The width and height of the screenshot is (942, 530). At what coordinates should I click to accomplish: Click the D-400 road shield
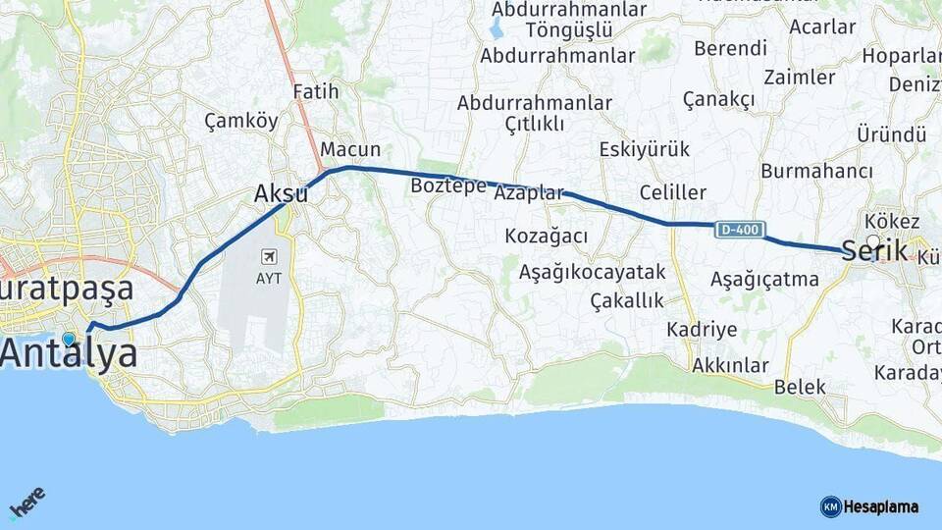click(738, 230)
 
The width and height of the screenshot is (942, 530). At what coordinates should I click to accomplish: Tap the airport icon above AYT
click(268, 257)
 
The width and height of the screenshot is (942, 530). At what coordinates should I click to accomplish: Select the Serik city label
click(874, 251)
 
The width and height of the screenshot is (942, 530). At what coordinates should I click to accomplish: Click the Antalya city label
click(69, 354)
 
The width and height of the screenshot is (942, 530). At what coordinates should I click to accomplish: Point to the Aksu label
click(281, 194)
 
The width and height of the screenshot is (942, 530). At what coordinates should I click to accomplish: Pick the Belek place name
click(800, 387)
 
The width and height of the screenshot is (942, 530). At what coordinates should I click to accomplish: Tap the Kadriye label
click(702, 329)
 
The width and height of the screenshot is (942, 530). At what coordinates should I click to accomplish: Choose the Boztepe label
click(448, 185)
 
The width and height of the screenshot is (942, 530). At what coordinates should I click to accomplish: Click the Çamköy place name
click(241, 121)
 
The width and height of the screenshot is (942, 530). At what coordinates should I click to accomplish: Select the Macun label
click(350, 149)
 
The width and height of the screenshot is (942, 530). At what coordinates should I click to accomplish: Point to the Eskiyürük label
click(645, 149)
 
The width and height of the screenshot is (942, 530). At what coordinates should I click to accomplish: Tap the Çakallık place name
click(627, 300)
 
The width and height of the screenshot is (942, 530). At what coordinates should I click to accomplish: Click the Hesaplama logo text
click(881, 506)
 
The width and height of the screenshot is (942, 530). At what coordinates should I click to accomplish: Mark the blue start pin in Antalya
click(68, 339)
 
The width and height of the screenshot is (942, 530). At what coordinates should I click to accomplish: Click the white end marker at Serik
click(873, 240)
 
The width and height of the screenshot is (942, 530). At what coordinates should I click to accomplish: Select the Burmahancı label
click(816, 171)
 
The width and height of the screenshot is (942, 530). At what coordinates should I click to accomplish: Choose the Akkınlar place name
click(730, 366)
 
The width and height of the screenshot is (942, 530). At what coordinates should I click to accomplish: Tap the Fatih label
click(316, 91)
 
